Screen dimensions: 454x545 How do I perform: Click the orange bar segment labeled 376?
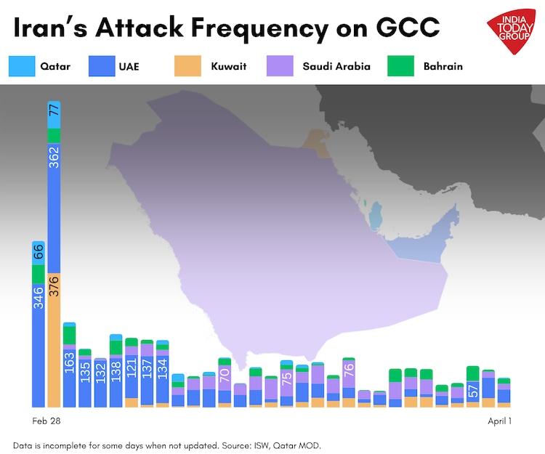pos(54,340)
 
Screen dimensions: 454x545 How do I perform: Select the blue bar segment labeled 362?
pos(54,207)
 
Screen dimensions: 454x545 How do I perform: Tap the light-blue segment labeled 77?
pos(54,115)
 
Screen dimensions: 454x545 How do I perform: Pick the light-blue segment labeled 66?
pos(39,252)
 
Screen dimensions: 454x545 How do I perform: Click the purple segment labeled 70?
pos(225,376)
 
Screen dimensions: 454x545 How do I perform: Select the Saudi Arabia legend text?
pos(336,67)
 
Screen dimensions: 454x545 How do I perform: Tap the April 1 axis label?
pos(499,421)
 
